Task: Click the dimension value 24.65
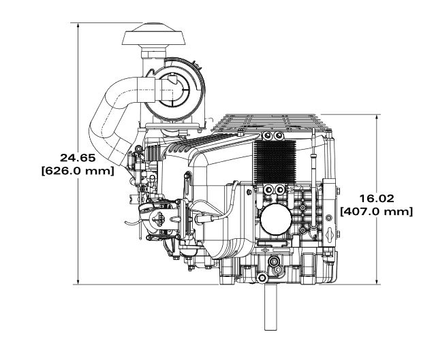pos(78,158)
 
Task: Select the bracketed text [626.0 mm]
pos(78,171)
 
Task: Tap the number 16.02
pos(377,198)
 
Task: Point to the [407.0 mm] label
pos(377,212)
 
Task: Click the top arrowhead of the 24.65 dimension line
pos(78,26)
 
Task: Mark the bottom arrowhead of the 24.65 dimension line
pos(78,281)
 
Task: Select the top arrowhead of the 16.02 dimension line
pos(377,118)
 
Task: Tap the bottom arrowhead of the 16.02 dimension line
pos(377,281)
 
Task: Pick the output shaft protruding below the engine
pos(270,307)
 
